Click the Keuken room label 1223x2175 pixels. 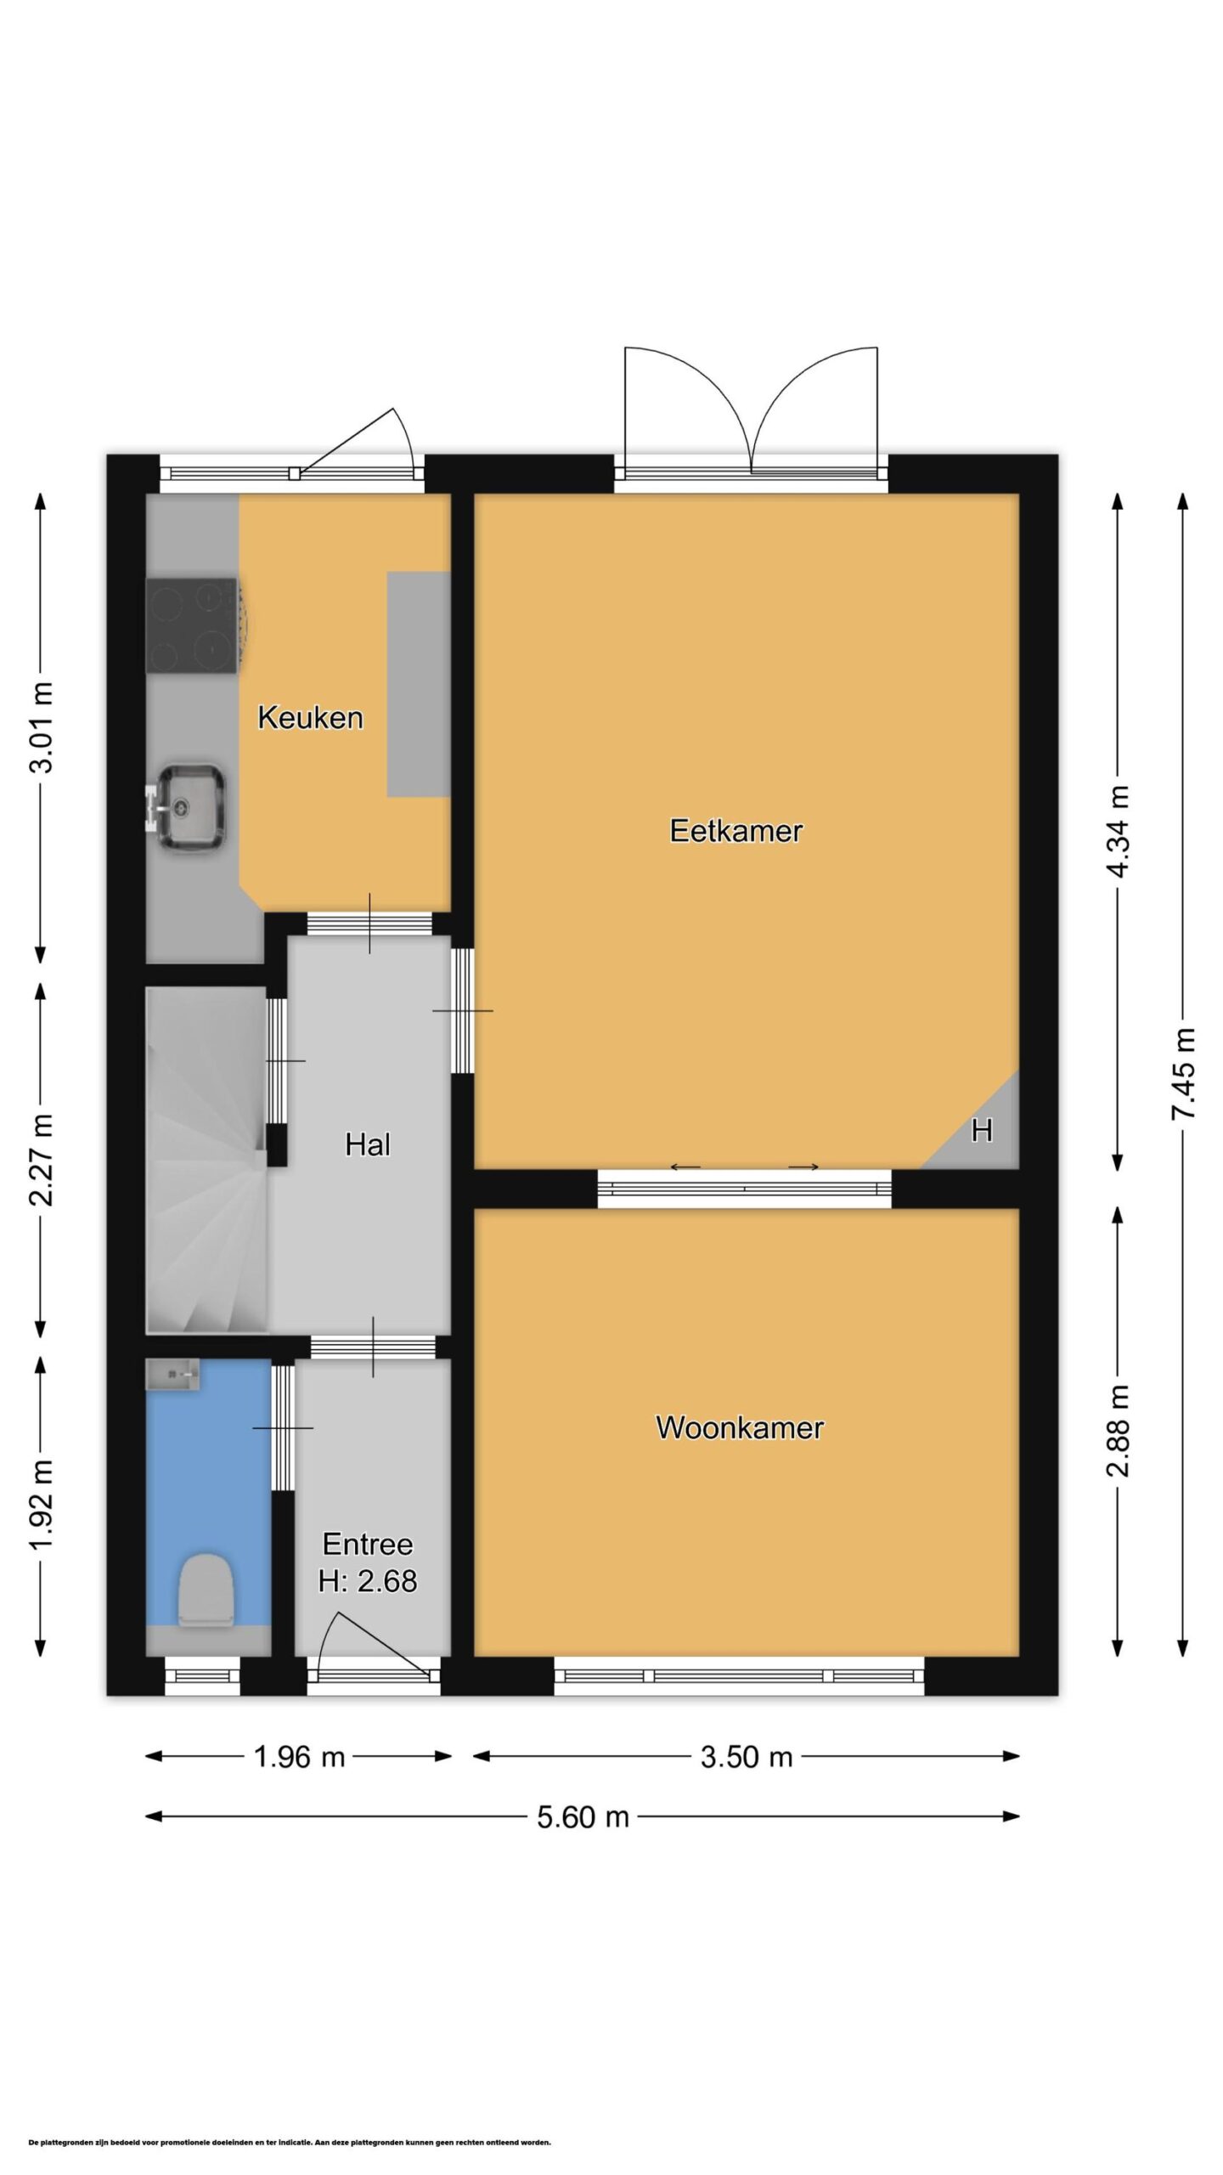click(310, 718)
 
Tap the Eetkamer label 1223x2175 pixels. click(735, 830)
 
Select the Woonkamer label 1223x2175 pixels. click(739, 1427)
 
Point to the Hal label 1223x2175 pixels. click(368, 1144)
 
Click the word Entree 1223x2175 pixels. click(368, 1544)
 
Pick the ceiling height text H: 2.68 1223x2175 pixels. click(368, 1580)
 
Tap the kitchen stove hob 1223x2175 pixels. click(192, 625)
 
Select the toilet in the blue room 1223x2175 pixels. click(206, 1590)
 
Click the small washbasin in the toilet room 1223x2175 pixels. click(172, 1374)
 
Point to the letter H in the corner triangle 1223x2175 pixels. click(982, 1131)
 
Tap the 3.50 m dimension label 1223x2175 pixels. click(746, 1757)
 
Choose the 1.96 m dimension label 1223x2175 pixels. click(299, 1757)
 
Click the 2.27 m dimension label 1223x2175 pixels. click(41, 1160)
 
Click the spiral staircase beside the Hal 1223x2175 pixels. click(207, 1161)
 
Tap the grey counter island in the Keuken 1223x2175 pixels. click(419, 684)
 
